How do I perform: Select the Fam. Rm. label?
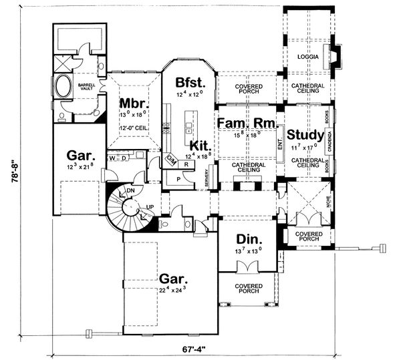(243, 124)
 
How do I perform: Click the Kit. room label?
(200, 144)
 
